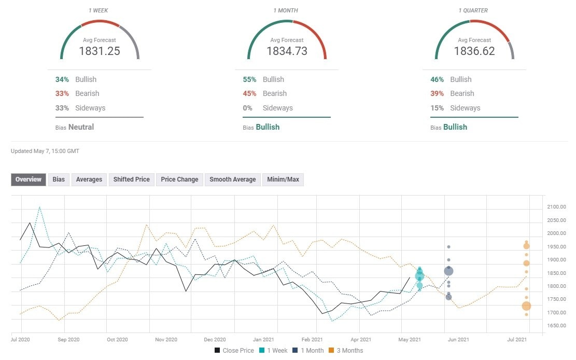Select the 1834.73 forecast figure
click(x=287, y=51)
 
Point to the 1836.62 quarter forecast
click(x=474, y=51)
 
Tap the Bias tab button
click(x=59, y=179)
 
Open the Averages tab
click(x=89, y=179)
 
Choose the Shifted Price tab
click(x=132, y=179)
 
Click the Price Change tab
click(x=179, y=179)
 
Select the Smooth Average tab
click(x=232, y=179)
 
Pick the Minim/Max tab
click(x=283, y=179)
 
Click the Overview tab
click(x=29, y=179)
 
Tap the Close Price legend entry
click(x=234, y=351)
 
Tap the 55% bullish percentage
click(x=249, y=79)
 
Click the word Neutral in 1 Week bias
click(x=81, y=127)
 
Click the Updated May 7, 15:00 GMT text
click(x=45, y=151)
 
